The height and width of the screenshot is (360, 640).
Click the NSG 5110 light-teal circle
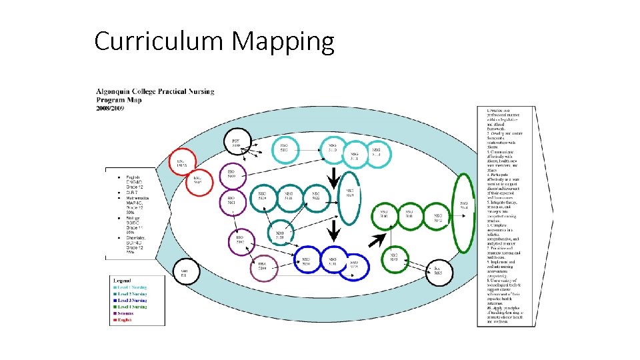(x=285, y=148)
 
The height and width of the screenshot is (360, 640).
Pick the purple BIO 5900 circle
(x=231, y=175)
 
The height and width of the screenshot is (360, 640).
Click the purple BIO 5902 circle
(x=239, y=240)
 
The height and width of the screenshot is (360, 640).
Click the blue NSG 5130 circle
(x=306, y=263)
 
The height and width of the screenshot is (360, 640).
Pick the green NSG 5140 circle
(x=383, y=216)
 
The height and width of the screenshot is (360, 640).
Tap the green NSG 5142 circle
(x=438, y=216)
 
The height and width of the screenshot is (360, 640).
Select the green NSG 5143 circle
(x=394, y=258)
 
